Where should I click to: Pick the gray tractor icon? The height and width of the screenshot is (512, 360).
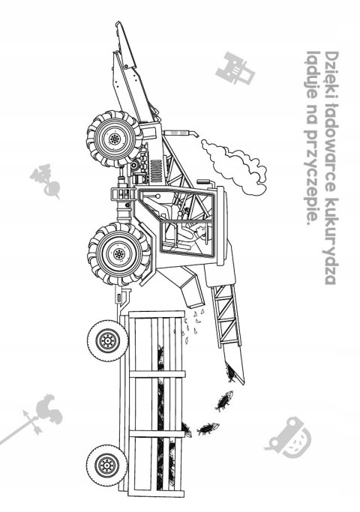[x=235, y=68]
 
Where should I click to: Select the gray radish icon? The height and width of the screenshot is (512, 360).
[x=46, y=181]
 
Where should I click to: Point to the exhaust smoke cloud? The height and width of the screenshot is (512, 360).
[x=233, y=166]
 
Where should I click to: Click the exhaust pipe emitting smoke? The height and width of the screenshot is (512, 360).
[x=181, y=133]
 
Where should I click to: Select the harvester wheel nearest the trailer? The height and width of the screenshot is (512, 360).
[x=119, y=253]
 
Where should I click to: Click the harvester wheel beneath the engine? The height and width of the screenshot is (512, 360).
[x=114, y=139]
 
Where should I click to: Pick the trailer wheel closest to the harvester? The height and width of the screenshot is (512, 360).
[x=107, y=340]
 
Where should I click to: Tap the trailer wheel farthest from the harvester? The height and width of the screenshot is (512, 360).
[x=106, y=464]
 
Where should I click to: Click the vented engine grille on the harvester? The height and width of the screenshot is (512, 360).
[x=157, y=171]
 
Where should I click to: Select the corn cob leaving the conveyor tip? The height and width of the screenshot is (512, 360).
[x=231, y=373]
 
